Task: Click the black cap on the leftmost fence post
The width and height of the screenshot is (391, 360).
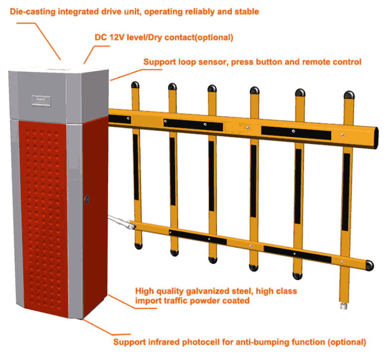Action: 134,85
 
